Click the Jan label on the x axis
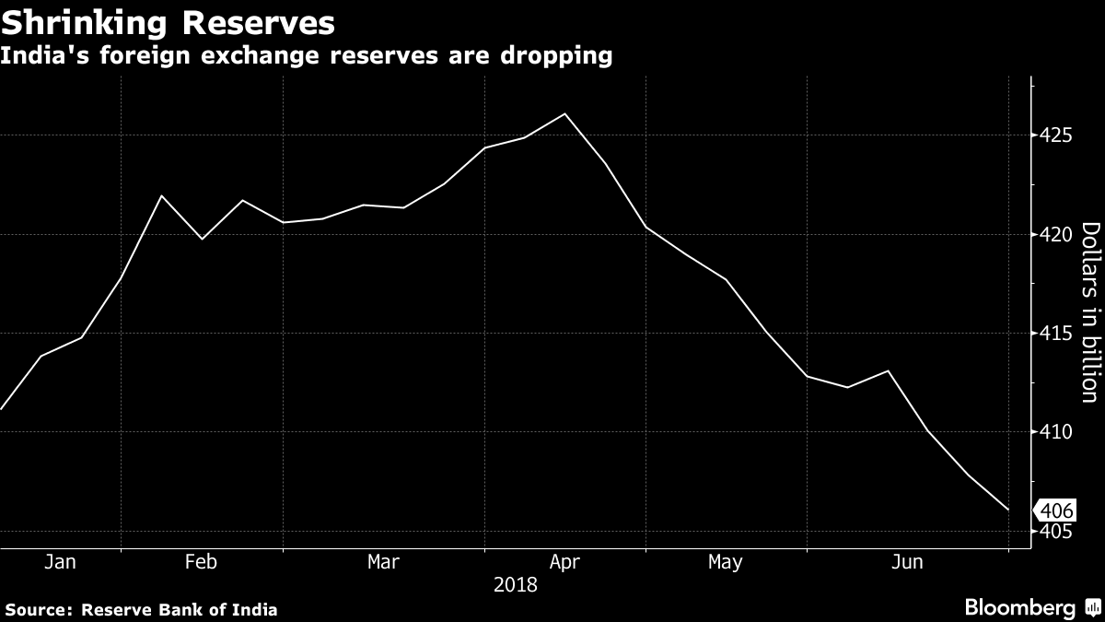59,562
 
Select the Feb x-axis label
201,562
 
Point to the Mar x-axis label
383,562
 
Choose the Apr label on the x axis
564,562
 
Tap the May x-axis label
726,562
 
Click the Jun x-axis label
908,562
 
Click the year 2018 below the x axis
516,584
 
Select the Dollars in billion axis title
1088,312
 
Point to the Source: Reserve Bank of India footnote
142,609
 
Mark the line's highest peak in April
564,113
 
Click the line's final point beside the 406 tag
1009,510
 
